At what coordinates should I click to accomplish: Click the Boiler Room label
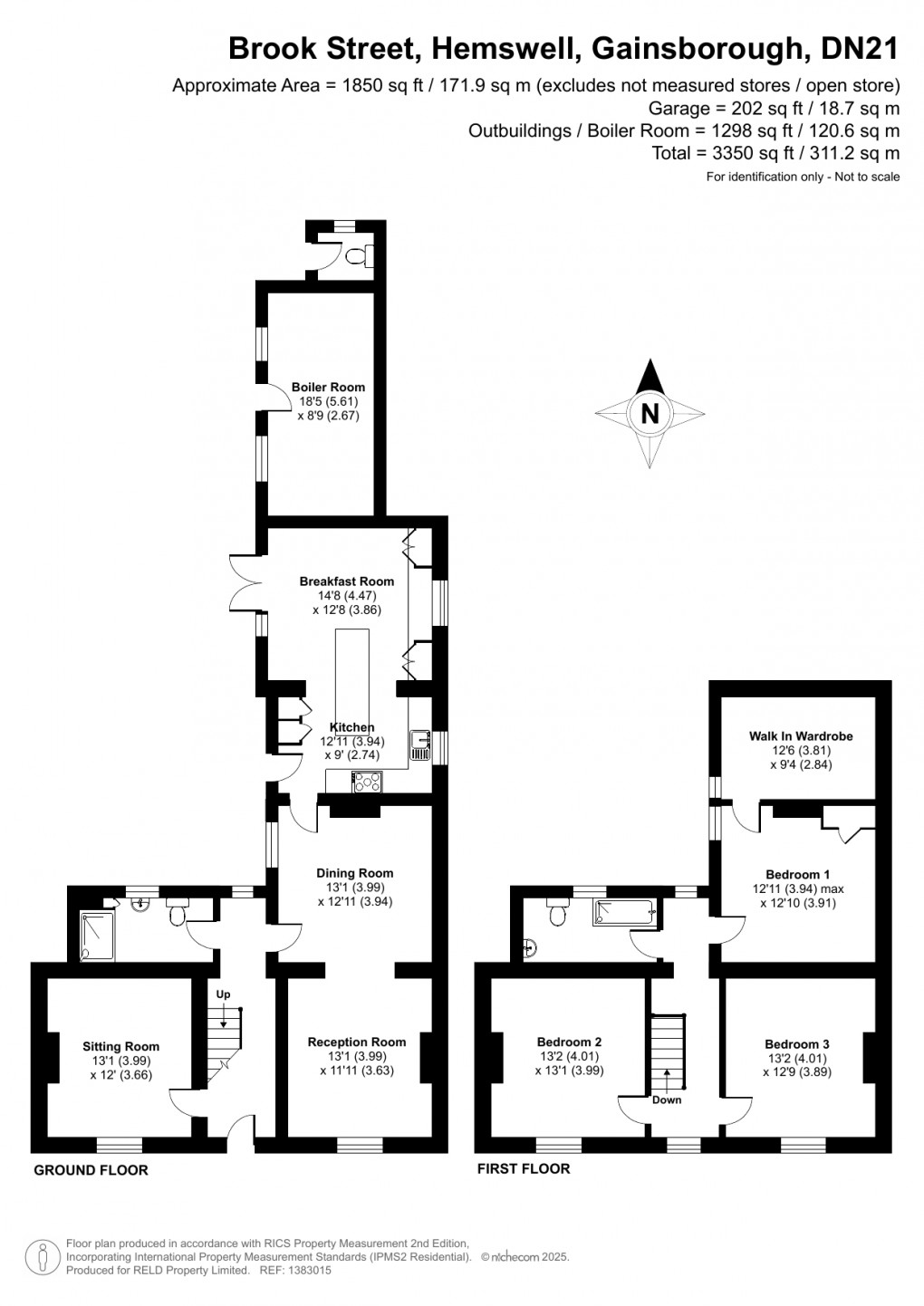pyautogui.click(x=328, y=387)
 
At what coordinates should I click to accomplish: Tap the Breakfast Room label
pyautogui.click(x=347, y=581)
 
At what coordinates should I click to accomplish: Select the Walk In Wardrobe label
pyautogui.click(x=801, y=736)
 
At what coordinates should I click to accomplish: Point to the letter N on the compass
pyautogui.click(x=650, y=414)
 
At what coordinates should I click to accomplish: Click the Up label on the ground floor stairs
pyautogui.click(x=223, y=994)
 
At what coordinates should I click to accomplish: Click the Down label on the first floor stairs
pyautogui.click(x=667, y=1100)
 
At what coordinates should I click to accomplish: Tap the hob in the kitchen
pyautogui.click(x=368, y=782)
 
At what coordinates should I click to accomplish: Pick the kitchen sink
pyautogui.click(x=420, y=745)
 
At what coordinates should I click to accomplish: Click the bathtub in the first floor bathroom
pyautogui.click(x=623, y=912)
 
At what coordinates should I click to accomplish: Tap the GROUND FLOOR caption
pyautogui.click(x=91, y=1170)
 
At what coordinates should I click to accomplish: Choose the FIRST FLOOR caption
pyautogui.click(x=524, y=1168)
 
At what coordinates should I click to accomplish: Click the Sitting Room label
pyautogui.click(x=120, y=1047)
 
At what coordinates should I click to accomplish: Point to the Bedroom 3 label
pyautogui.click(x=796, y=1044)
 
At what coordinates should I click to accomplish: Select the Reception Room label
pyautogui.click(x=356, y=1042)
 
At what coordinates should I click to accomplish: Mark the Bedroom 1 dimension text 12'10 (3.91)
pyautogui.click(x=797, y=903)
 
